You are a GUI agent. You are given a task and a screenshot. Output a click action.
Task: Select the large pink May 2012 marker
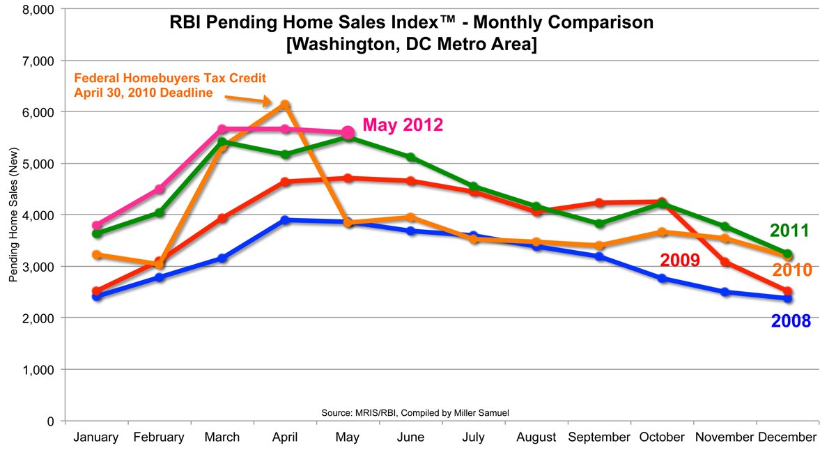348,132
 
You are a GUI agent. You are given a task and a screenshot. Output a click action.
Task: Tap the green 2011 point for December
788,254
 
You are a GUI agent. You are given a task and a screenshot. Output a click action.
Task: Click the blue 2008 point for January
96,296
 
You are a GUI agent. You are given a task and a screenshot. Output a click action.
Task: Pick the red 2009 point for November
725,262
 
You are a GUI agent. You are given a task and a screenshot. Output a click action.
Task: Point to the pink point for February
159,189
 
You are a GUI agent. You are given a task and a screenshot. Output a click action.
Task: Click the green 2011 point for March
222,142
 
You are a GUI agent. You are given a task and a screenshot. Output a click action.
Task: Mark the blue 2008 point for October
662,279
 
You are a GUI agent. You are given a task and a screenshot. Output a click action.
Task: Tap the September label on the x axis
598,437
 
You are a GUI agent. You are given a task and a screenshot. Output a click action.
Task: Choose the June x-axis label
410,437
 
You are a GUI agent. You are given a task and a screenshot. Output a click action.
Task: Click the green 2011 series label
789,231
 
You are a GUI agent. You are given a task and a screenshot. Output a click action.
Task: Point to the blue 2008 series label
791,321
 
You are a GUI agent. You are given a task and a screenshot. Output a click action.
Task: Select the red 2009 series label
679,261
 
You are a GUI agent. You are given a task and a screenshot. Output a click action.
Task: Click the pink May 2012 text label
403,125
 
